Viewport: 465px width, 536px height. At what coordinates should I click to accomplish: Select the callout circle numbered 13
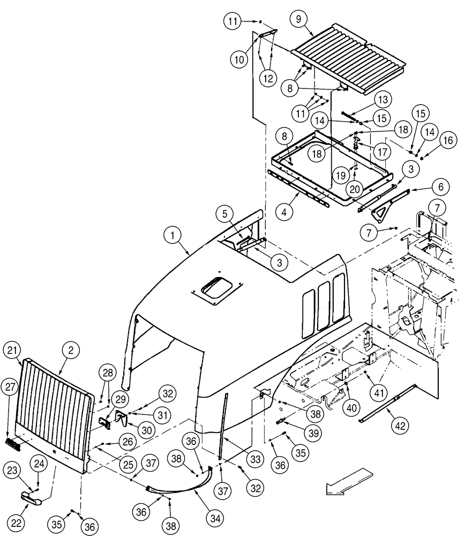(383, 100)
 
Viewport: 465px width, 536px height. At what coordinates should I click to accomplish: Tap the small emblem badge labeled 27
(13, 444)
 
